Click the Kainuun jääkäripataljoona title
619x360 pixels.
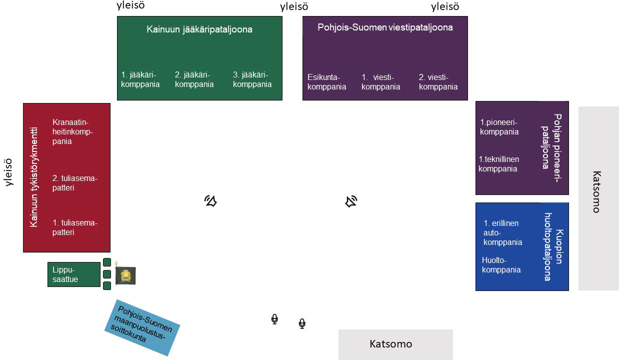click(x=199, y=29)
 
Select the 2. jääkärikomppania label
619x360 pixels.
click(x=194, y=79)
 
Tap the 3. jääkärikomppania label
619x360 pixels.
click(x=252, y=79)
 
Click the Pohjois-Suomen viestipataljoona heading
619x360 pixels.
click(x=385, y=27)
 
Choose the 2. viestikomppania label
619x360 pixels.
click(x=438, y=82)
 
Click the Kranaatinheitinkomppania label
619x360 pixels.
click(x=73, y=131)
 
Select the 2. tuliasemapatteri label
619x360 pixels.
click(x=74, y=183)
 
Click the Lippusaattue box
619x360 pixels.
click(x=74, y=274)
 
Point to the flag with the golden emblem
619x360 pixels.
click(x=125, y=275)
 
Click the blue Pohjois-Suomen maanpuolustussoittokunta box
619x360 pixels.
click(x=142, y=327)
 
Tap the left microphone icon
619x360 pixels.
click(x=274, y=319)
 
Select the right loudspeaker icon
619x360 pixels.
click(x=351, y=201)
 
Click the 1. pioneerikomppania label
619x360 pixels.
click(x=499, y=127)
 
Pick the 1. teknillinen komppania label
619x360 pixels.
click(x=498, y=164)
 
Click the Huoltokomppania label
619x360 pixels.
click(x=501, y=265)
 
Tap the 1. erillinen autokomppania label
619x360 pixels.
click(x=502, y=232)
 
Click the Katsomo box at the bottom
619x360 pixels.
click(x=395, y=344)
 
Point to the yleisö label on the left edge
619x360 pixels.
click(x=8, y=172)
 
